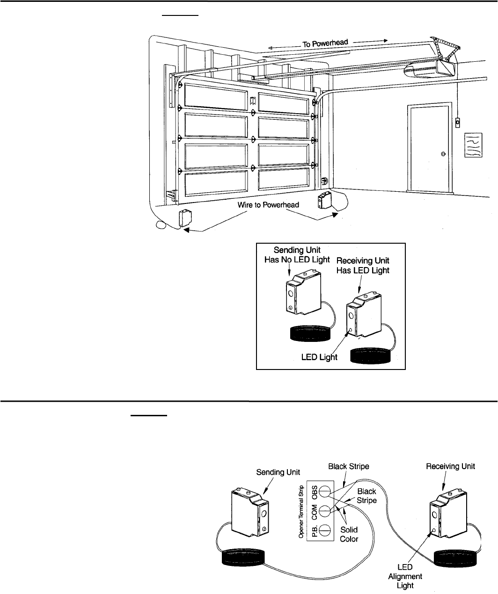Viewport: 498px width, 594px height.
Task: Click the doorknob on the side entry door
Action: click(x=443, y=154)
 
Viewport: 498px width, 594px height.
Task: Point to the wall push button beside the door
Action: click(x=457, y=123)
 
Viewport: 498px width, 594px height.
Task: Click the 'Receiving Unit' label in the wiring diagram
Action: click(x=453, y=466)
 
